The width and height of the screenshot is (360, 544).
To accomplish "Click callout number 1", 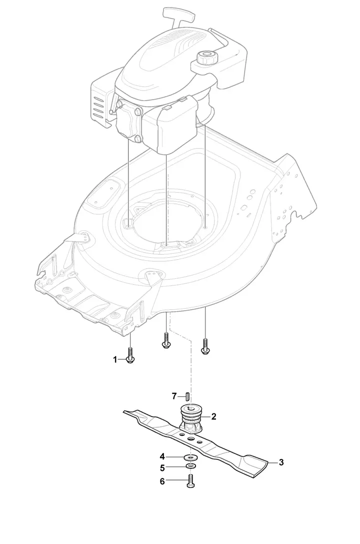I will (x=114, y=359).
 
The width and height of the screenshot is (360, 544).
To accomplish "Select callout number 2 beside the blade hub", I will (x=213, y=416).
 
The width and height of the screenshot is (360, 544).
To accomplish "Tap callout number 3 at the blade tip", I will (x=281, y=462).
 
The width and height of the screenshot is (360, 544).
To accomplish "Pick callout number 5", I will (x=162, y=468).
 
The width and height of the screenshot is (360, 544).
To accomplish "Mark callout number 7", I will (x=174, y=396).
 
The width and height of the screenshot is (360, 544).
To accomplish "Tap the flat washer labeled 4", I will (x=190, y=457).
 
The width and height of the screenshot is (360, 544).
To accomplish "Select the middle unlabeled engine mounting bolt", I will (x=166, y=342).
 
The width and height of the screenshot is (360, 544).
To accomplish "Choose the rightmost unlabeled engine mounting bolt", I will (x=204, y=346).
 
